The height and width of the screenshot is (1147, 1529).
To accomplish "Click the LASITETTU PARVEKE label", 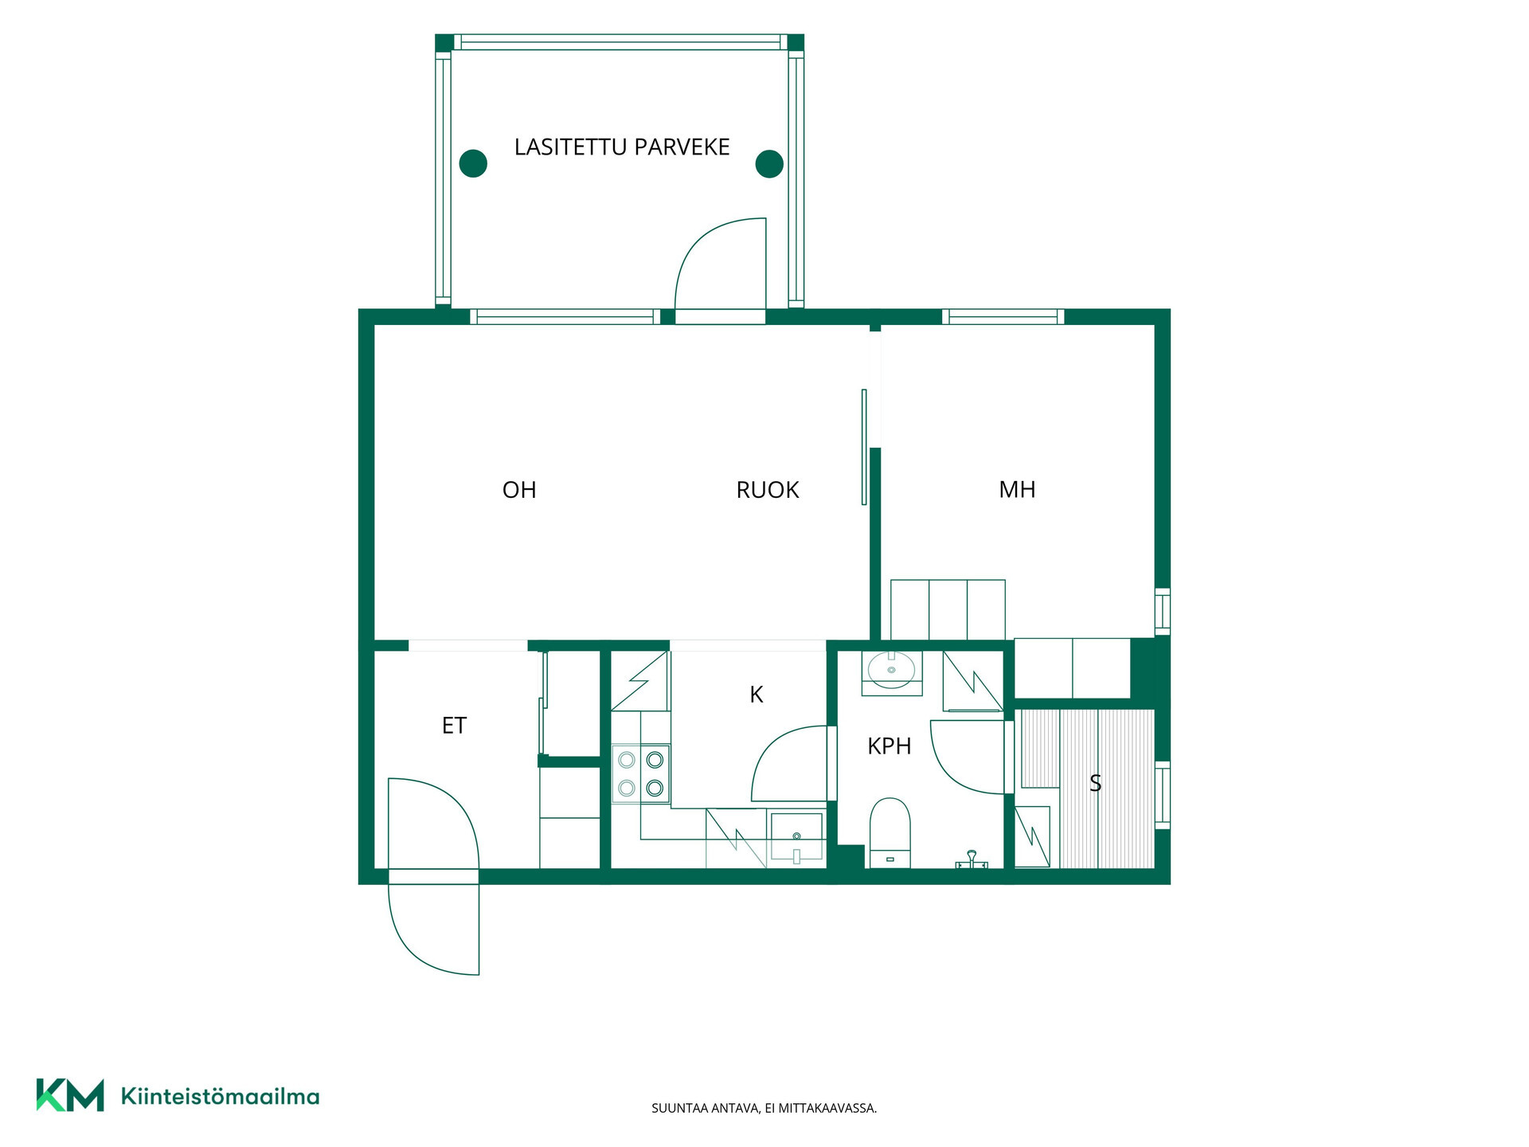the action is [x=622, y=147].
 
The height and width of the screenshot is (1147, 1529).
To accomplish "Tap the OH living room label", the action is [x=519, y=490].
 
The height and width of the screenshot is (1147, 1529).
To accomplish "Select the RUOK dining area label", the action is [x=768, y=490].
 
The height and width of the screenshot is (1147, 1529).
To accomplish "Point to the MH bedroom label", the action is [x=1017, y=490].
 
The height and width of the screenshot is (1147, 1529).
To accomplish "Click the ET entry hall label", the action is [x=454, y=726].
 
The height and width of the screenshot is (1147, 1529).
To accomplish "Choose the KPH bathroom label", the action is [x=889, y=746].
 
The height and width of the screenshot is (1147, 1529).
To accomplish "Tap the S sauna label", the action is [x=1095, y=784].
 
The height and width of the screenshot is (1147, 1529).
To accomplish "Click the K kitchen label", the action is [x=757, y=695].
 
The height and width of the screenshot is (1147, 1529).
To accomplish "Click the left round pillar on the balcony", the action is [x=473, y=163].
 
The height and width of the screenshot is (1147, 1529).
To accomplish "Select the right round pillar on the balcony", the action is [x=769, y=163].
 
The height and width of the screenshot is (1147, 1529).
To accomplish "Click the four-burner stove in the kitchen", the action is [x=641, y=773].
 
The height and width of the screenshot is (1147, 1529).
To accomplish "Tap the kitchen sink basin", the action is [x=796, y=837].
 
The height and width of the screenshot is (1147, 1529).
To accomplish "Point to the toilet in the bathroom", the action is [x=890, y=832].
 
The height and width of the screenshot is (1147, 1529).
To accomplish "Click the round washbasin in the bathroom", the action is [x=891, y=671].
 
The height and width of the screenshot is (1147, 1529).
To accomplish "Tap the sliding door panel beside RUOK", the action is [x=864, y=447].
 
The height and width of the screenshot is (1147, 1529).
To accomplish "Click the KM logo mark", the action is [x=70, y=1094].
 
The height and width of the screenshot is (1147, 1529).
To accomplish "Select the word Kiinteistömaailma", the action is [x=220, y=1097].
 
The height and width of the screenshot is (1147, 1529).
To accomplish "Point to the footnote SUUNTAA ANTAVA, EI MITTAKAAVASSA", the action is [x=764, y=1108].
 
